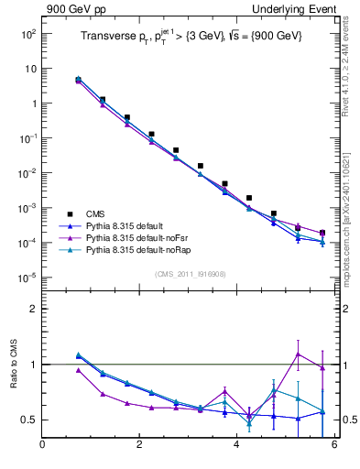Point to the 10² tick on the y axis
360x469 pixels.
coord(27,33)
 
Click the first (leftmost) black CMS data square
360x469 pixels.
coord(79,80)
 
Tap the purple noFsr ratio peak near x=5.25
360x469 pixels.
coord(298,354)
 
